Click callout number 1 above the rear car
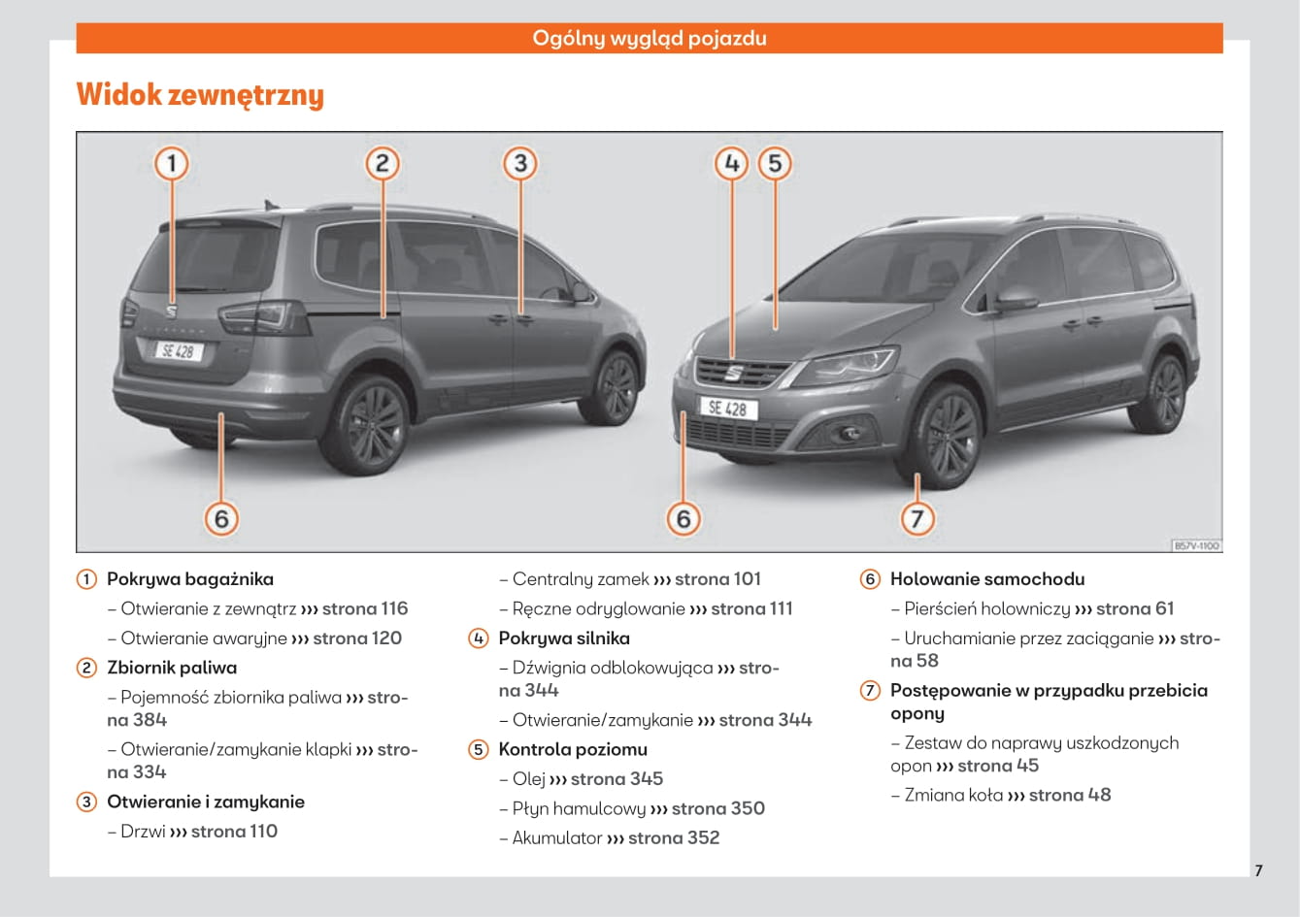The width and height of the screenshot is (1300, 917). (x=172, y=163)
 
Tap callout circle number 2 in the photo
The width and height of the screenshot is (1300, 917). (x=383, y=163)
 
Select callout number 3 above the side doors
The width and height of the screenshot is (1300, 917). (x=520, y=163)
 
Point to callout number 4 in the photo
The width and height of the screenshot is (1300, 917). (x=732, y=163)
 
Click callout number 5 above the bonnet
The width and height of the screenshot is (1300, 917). (x=775, y=163)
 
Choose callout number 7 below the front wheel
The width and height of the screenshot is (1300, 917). (x=917, y=518)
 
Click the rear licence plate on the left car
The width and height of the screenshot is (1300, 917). (x=179, y=350)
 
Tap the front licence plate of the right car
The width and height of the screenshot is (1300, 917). (x=727, y=409)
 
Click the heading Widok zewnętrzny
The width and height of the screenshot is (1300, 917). (x=200, y=95)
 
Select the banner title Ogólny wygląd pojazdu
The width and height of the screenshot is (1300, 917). (x=650, y=39)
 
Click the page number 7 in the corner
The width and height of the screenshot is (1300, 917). (x=1258, y=870)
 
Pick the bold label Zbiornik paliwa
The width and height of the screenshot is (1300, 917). (x=172, y=668)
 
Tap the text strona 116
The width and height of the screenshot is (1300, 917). (x=365, y=608)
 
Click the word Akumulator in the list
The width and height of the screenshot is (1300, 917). (x=557, y=837)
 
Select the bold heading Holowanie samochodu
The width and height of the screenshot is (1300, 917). (x=987, y=579)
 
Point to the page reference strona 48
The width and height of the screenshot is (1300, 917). (x=1070, y=795)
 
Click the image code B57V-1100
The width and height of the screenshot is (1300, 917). (x=1196, y=546)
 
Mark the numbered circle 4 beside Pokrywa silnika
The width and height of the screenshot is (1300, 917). (x=479, y=639)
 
